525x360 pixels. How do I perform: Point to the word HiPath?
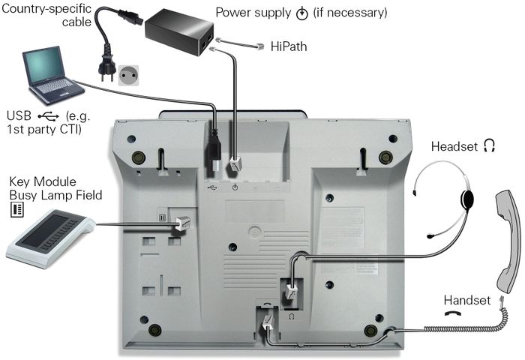pyautogui.click(x=288, y=46)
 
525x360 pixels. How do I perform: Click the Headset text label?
pyautogui.click(x=454, y=145)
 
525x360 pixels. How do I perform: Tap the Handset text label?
pyautogui.click(x=466, y=300)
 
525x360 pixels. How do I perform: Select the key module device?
pyautogui.click(x=49, y=241)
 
